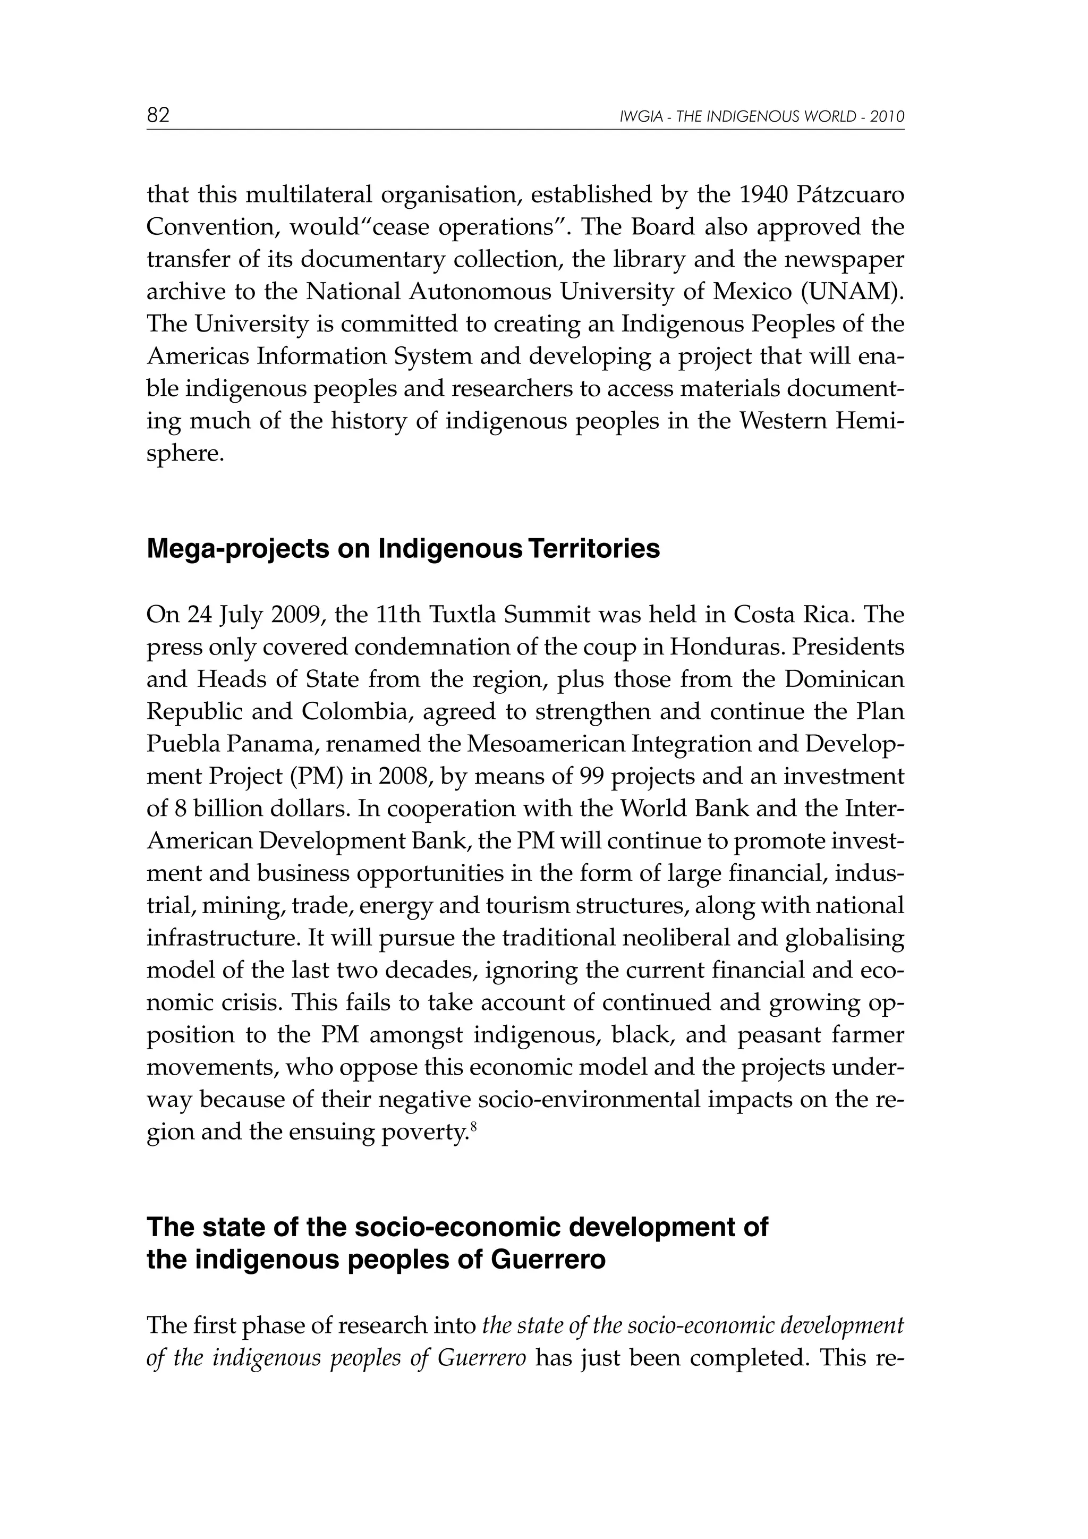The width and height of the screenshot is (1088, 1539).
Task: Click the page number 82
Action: [x=158, y=115]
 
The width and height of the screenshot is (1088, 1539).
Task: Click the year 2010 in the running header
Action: [x=888, y=117]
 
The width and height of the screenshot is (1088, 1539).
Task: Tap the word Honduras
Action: [x=717, y=647]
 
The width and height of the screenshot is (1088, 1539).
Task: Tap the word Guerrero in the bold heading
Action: [x=548, y=1260]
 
